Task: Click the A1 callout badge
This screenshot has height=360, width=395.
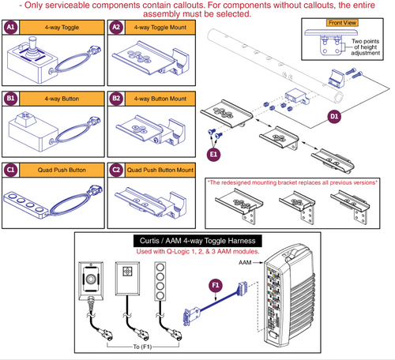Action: click(10, 27)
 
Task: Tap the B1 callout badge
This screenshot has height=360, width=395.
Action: click(10, 99)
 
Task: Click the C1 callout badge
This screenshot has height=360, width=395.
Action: click(10, 169)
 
